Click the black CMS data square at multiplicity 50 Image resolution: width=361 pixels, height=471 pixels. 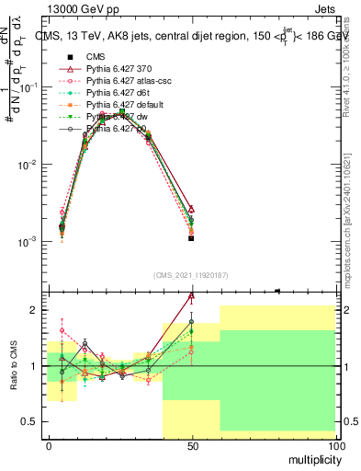pos(191,238)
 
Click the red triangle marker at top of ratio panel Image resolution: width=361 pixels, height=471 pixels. pos(191,296)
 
